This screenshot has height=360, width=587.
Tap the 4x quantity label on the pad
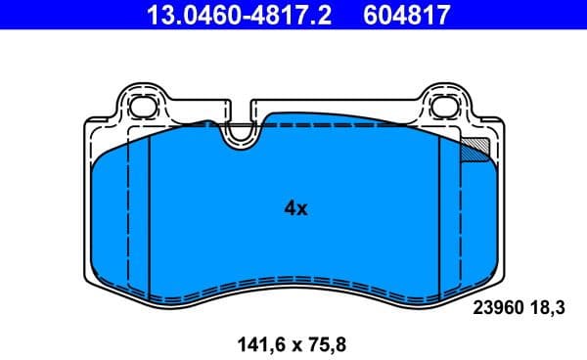(295, 208)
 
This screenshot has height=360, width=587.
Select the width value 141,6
(257, 343)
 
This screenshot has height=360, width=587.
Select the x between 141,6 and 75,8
(291, 344)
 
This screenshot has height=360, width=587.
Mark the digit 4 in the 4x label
(290, 208)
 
